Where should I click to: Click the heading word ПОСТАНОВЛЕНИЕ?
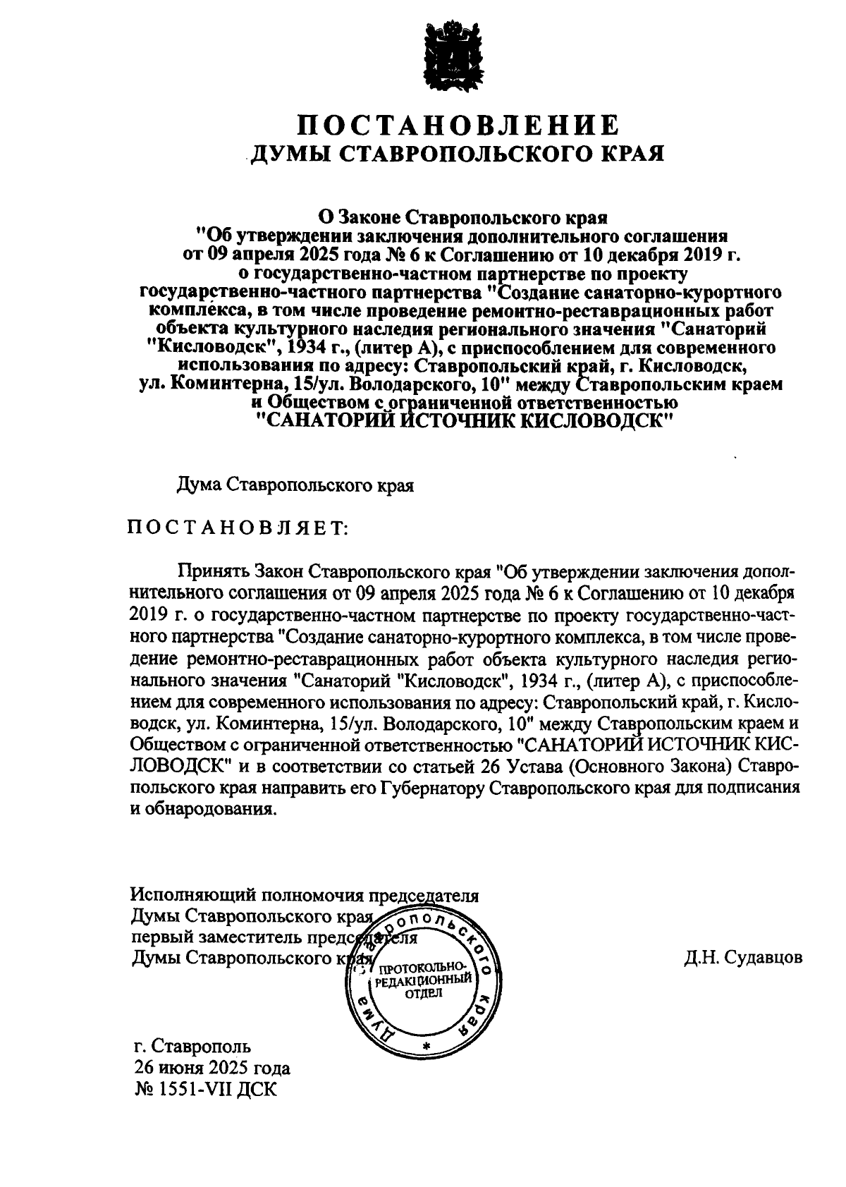point(458,126)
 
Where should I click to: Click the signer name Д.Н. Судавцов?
point(742,958)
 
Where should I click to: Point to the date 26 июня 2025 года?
point(212,1068)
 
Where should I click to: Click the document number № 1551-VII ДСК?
point(206,1089)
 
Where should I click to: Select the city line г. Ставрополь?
point(192,1047)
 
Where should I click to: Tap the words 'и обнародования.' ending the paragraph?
point(200,809)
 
